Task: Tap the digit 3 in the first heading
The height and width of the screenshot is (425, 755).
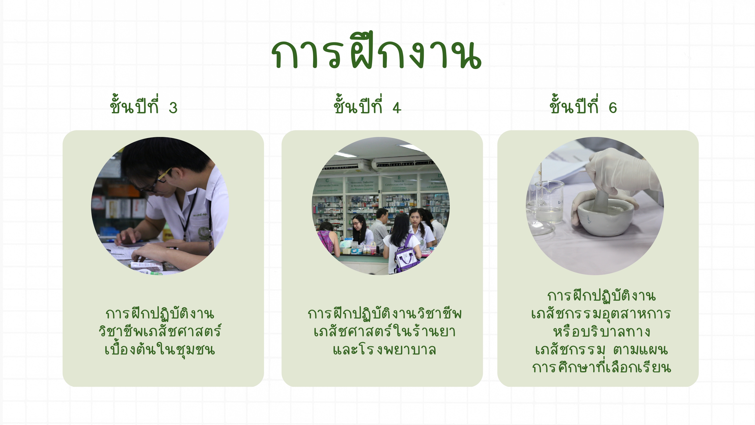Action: pos(173,108)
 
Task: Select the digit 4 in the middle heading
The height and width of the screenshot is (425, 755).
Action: pos(397,108)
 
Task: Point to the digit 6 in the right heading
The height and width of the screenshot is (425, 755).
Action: pos(613,108)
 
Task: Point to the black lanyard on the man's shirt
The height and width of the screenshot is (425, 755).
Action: pos(189,211)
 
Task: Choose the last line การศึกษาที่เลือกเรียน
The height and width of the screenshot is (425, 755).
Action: pos(601,368)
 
